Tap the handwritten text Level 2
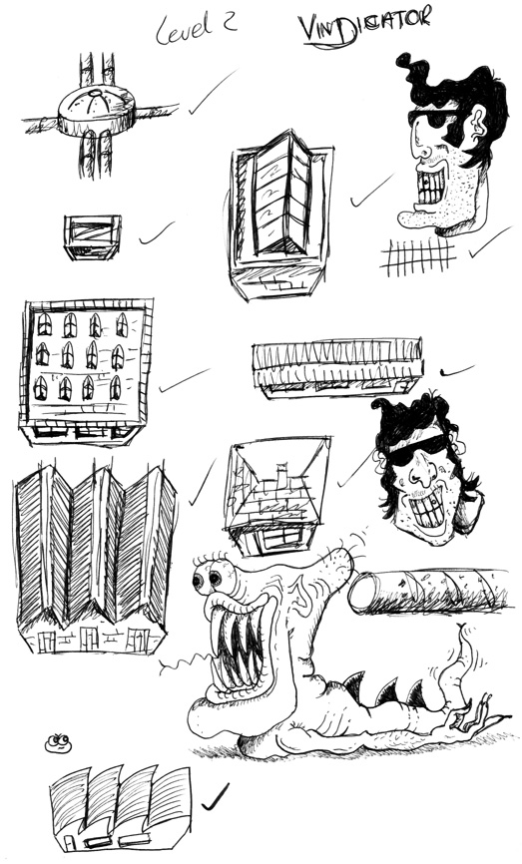point(197,28)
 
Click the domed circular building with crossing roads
point(97,113)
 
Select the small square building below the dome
point(92,236)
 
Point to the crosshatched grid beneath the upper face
point(419,256)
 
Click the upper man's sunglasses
point(435,118)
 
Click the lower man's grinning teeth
point(427,514)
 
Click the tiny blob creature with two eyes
point(58,743)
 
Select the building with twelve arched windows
point(86,372)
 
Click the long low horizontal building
point(338,367)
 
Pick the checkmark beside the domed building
point(212,93)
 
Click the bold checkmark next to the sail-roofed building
point(215,797)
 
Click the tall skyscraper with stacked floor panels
point(280,215)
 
